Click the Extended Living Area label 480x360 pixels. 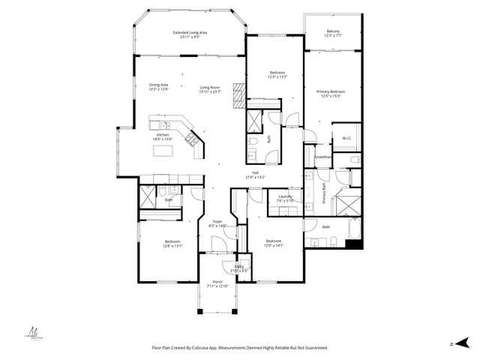point(190,32)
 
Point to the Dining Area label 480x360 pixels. point(158,85)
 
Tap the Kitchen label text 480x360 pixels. point(163,134)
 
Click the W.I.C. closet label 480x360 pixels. point(347,138)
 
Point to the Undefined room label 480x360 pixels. point(323,157)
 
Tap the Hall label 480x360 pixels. point(255,172)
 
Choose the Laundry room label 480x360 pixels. point(284,196)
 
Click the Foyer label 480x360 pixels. point(217,221)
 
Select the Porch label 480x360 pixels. point(217,282)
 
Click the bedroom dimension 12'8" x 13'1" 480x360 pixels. point(172,245)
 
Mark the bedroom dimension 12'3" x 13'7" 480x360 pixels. point(277,76)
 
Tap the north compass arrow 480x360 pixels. point(464,342)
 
